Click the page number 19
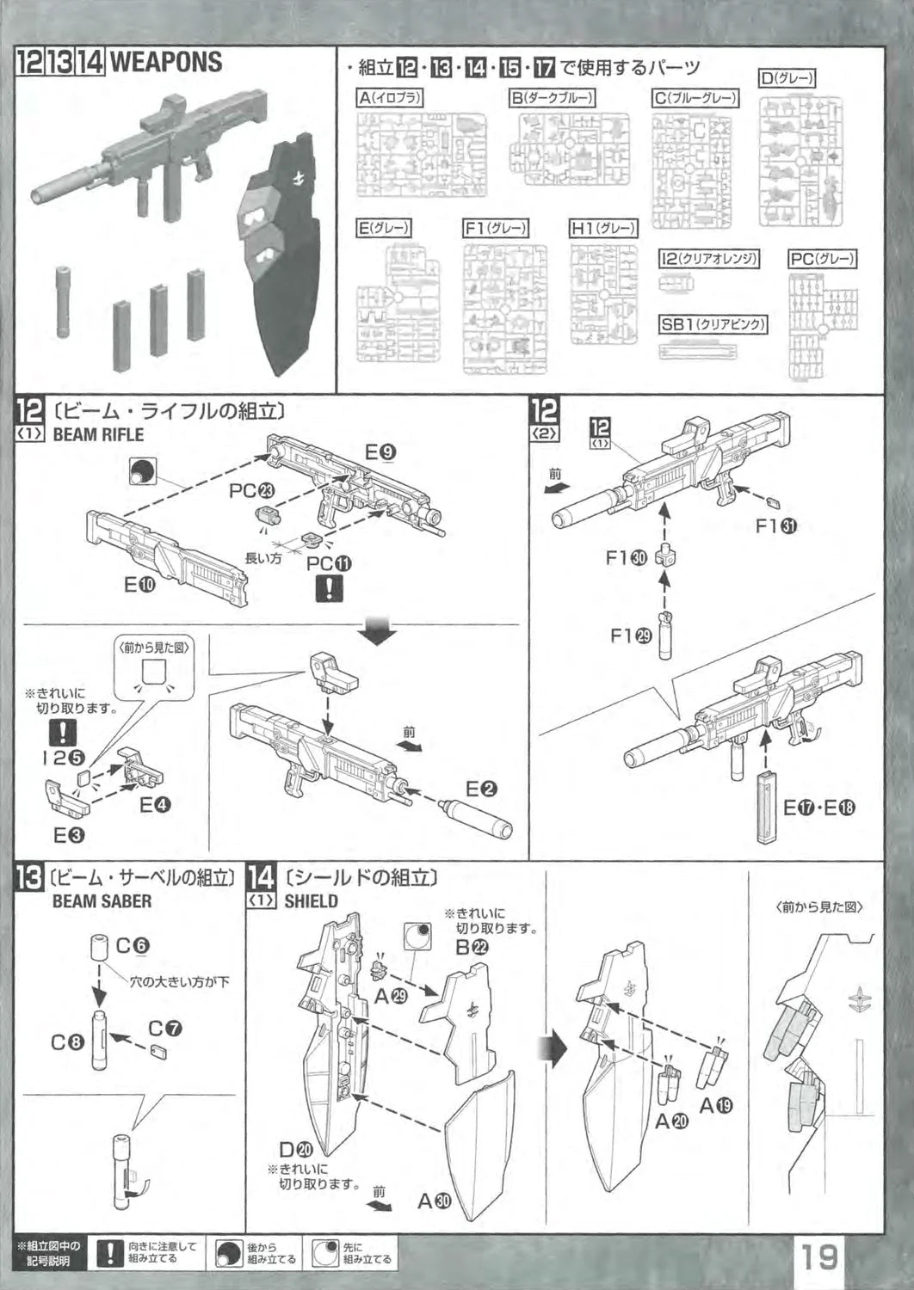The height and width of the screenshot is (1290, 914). point(820,1256)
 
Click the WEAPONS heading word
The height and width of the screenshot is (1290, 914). point(166,63)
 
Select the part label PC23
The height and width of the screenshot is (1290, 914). point(251,491)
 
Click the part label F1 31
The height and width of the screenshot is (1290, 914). point(775,525)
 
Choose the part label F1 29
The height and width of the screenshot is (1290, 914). point(631,636)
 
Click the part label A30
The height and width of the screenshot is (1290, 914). point(434,1201)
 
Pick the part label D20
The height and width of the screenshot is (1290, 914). point(296,1149)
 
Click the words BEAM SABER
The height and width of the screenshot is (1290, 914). point(102,901)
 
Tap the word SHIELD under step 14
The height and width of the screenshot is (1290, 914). point(311,901)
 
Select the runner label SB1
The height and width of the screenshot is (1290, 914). point(713,324)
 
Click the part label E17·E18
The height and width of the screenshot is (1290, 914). point(818,808)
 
